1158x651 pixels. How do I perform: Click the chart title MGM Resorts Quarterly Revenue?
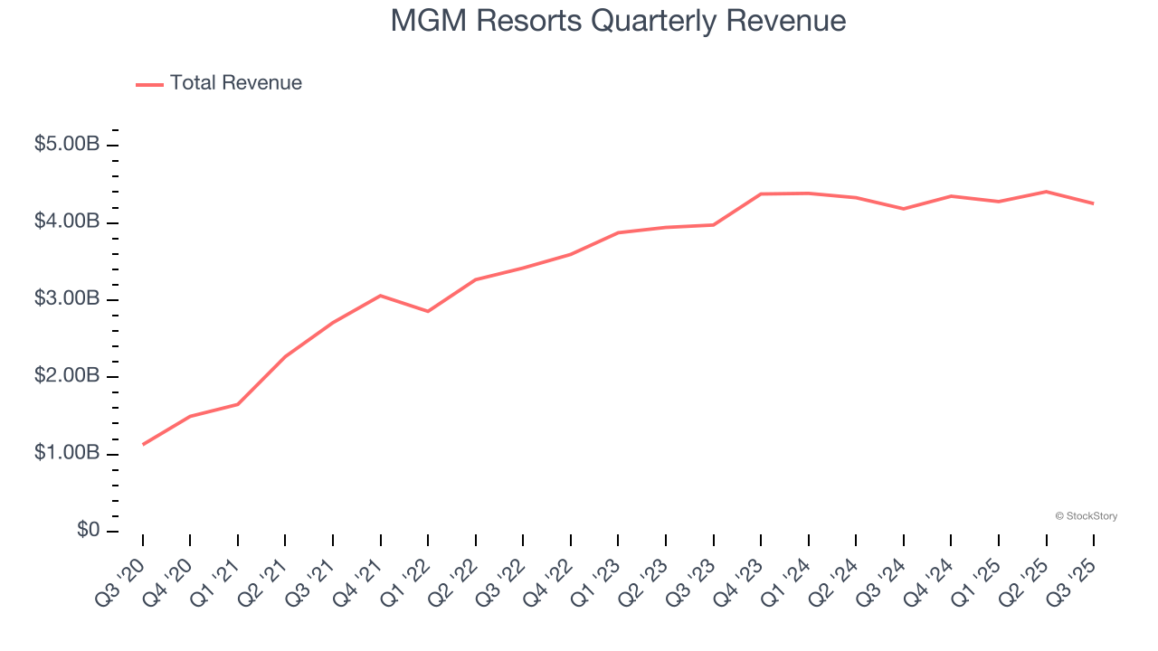pos(618,22)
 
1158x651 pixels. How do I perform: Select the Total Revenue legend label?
pos(235,83)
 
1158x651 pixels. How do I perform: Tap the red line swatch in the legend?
pos(149,84)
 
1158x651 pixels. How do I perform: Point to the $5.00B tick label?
pos(67,145)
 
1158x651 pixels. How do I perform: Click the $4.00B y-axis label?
pos(67,222)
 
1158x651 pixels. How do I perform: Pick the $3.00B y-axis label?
pos(67,298)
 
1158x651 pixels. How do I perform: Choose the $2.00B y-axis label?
pos(67,375)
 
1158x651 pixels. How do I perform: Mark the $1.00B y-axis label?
pos(67,452)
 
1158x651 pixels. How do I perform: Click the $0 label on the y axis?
pos(87,530)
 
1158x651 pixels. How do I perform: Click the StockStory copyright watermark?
pos(1086,516)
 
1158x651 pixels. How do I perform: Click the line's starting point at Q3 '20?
pos(143,444)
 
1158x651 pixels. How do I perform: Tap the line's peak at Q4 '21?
pos(380,296)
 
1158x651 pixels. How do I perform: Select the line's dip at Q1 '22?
pos(428,311)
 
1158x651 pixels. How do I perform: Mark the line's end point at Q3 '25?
pos(1093,203)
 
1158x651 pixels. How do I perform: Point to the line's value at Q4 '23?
pos(761,193)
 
